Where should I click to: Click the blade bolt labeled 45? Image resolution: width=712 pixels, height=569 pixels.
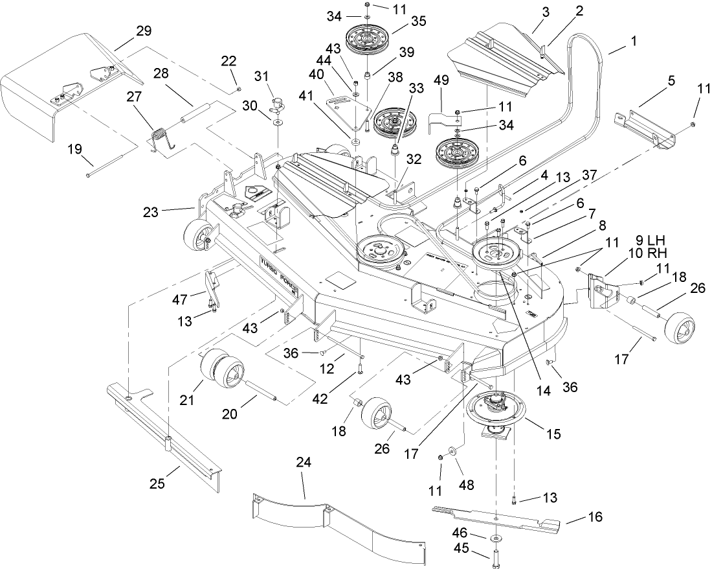[496, 555]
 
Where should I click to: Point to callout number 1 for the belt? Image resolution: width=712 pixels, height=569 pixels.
[634, 40]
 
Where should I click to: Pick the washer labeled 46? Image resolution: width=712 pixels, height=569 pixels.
[495, 538]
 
